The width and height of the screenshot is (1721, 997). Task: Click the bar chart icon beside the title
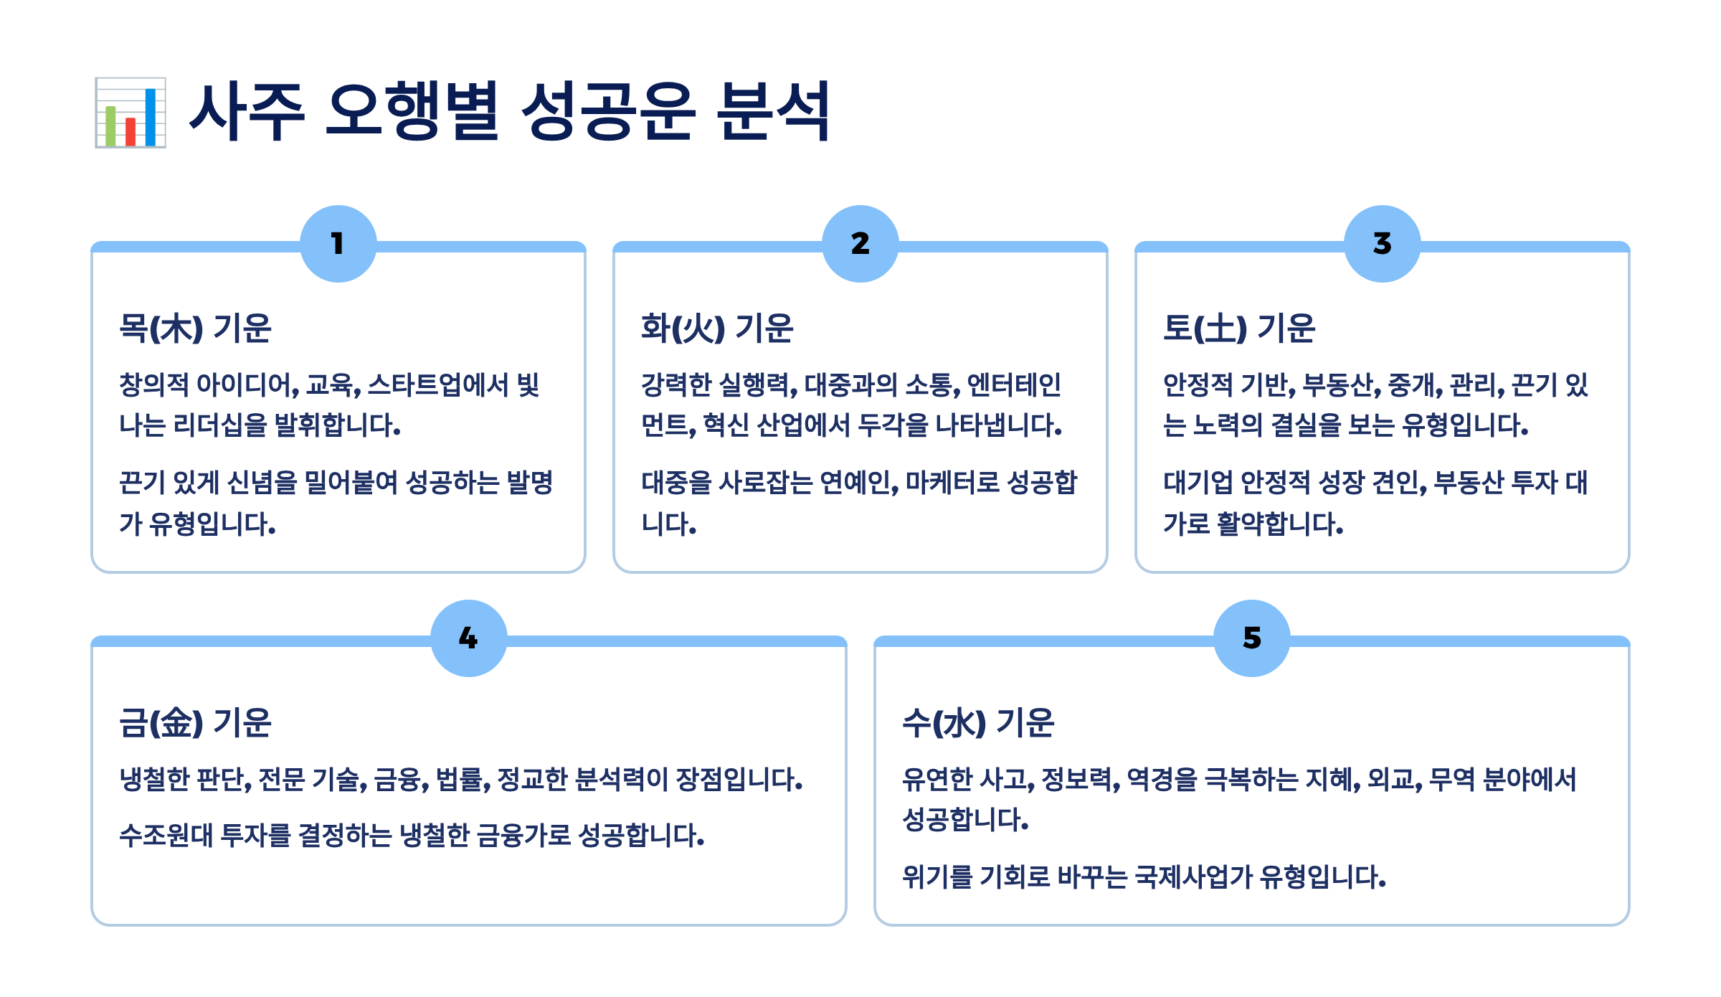(x=131, y=113)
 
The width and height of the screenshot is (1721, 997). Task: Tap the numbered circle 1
(x=338, y=244)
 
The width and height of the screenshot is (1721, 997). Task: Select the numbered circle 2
(x=860, y=244)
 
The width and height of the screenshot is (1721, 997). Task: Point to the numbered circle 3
(x=1383, y=244)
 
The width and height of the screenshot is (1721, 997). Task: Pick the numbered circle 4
(x=469, y=638)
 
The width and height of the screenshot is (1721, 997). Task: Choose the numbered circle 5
(x=1252, y=638)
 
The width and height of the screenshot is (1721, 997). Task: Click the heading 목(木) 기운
(x=195, y=329)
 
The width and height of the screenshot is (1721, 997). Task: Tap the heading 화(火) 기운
(x=717, y=329)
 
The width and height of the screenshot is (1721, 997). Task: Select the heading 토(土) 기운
(x=1239, y=329)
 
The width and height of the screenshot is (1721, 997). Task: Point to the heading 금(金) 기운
(x=195, y=723)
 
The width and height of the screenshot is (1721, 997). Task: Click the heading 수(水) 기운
(x=978, y=723)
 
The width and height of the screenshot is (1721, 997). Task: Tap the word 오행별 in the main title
(x=412, y=111)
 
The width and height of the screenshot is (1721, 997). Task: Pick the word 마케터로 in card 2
(x=952, y=483)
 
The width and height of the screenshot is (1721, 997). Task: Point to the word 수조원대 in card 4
(x=166, y=836)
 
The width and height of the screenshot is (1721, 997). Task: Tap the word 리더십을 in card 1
(x=220, y=425)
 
